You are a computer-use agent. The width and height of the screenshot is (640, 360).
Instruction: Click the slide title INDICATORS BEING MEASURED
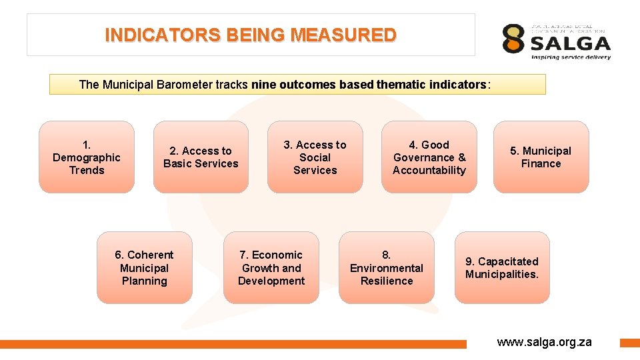(251, 35)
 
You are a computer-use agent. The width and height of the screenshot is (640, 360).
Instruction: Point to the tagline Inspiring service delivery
(570, 57)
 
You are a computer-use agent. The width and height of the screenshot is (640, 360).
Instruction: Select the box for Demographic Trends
(87, 157)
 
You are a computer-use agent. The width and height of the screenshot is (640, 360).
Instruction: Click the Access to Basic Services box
(201, 157)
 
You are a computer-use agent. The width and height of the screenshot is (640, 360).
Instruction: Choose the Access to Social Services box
(315, 157)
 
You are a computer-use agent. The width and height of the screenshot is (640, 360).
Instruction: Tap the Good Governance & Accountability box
(429, 157)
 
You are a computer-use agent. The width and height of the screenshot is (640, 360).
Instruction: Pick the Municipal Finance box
(541, 157)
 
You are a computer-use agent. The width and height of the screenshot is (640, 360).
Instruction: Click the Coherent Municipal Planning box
(144, 268)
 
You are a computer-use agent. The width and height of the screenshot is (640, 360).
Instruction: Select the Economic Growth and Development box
(271, 268)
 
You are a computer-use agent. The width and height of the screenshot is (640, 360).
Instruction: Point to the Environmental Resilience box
(387, 268)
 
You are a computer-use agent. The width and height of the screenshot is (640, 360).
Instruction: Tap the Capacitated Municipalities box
(502, 268)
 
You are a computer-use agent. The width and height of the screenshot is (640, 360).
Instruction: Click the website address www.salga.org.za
(544, 342)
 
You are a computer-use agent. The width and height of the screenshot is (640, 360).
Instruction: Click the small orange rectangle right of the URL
(629, 343)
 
